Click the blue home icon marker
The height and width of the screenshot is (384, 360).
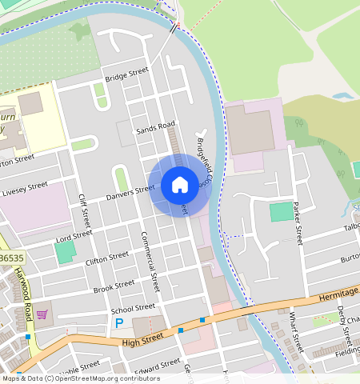tap(180, 185)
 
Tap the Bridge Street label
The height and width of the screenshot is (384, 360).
tap(126, 74)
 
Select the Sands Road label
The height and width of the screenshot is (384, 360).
tap(155, 127)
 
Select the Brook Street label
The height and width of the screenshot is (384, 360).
tap(114, 286)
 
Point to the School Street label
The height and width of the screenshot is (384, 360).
tap(133, 308)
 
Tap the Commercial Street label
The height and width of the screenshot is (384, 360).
tap(150, 261)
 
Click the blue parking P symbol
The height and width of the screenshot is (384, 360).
tap(119, 323)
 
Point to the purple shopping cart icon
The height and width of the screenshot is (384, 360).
tap(42, 314)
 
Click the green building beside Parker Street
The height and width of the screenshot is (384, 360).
tap(282, 212)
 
